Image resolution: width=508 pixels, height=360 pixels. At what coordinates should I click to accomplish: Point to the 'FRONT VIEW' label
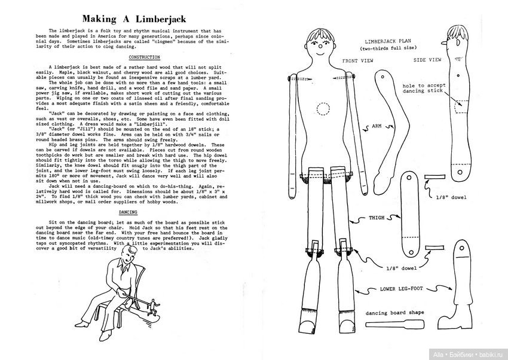(x=359, y=61)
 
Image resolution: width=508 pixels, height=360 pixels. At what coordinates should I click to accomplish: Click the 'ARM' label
(x=377, y=127)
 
